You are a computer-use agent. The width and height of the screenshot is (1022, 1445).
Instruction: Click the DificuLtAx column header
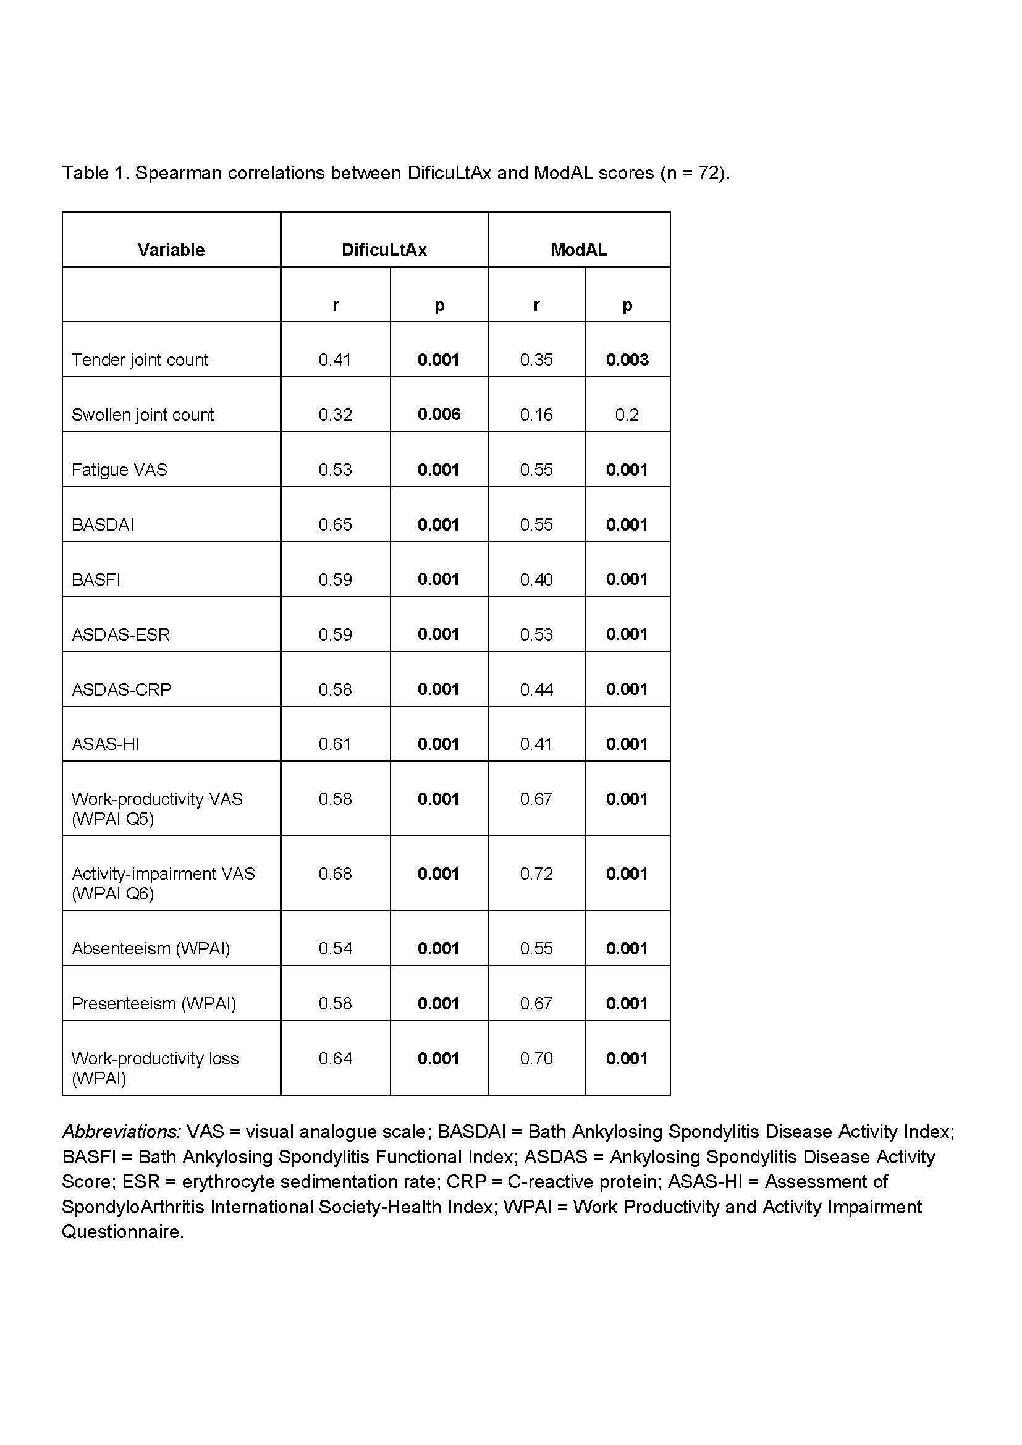pos(384,250)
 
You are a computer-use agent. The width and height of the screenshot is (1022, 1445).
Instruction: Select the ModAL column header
pos(578,250)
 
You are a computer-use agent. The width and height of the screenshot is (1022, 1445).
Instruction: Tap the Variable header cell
pos(171,250)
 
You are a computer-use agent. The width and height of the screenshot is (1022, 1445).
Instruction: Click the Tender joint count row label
pos(140,360)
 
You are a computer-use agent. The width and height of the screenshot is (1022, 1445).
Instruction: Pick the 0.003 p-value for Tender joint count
pos(627,360)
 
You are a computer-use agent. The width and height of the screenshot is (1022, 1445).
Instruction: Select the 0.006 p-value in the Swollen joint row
pos(439,414)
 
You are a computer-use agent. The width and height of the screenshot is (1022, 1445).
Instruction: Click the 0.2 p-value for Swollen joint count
pos(627,415)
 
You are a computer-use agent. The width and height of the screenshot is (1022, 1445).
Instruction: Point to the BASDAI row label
pos(103,524)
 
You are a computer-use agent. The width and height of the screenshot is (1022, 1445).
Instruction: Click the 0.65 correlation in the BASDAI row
pos(335,524)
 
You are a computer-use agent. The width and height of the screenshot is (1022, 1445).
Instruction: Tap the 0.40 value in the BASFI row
pos(536,579)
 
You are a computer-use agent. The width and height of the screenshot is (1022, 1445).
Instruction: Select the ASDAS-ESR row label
pos(121,634)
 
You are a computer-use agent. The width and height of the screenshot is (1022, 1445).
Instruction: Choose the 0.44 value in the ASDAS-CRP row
pos(536,689)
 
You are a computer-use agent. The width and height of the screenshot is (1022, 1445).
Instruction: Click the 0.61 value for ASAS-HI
pos(335,744)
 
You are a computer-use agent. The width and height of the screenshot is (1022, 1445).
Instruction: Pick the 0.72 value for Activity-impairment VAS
pos(536,874)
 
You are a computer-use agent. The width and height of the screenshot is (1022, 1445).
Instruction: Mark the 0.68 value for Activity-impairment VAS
pos(335,874)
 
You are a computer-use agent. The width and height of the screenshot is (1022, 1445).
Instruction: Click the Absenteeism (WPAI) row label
pos(151,948)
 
